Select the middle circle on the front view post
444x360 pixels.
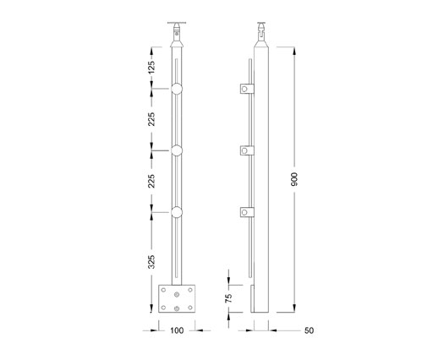pyautogui.click(x=177, y=150)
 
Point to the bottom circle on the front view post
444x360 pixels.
pyautogui.click(x=177, y=212)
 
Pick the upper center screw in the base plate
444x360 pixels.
pyautogui.click(x=177, y=292)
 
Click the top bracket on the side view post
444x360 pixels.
pyautogui.click(x=245, y=89)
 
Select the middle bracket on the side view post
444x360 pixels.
pyautogui.click(x=245, y=150)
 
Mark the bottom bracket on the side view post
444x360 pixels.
pyautogui.click(x=245, y=213)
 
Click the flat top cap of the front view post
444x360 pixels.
pyautogui.click(x=176, y=22)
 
